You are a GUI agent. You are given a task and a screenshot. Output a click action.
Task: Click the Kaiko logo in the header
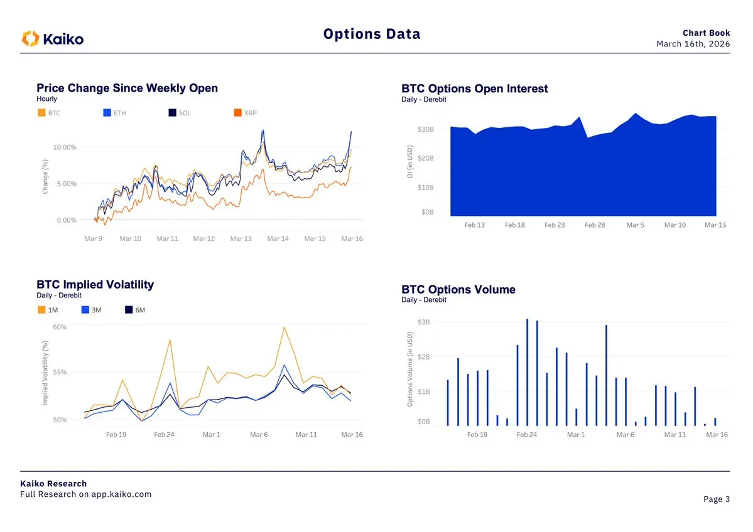point(53,39)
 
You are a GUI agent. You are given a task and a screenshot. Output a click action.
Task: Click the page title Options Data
point(372,34)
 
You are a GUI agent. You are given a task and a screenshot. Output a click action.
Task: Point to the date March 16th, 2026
point(693,44)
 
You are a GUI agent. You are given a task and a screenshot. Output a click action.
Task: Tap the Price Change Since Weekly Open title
point(127,88)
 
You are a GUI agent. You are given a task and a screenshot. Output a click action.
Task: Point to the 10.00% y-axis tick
point(65,147)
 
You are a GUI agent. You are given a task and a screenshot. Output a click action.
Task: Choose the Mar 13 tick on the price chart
point(241,239)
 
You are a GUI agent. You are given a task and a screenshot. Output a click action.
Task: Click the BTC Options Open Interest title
point(474,89)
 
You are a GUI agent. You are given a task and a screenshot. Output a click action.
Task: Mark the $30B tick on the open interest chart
point(425,129)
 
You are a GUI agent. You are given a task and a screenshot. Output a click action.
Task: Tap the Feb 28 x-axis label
point(595,225)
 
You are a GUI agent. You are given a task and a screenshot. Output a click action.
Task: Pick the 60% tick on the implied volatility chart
point(60,327)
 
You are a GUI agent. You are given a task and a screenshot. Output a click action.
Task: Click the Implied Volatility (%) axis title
point(45,373)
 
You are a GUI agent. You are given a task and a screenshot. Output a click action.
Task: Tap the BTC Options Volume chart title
point(458,290)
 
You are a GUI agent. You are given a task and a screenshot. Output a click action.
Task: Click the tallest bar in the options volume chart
point(527,372)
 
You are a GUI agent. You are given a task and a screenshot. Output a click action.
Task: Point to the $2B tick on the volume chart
point(424,357)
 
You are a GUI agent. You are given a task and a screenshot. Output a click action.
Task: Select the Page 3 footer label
point(716,499)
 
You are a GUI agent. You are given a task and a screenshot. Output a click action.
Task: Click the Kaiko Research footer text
point(53,484)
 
